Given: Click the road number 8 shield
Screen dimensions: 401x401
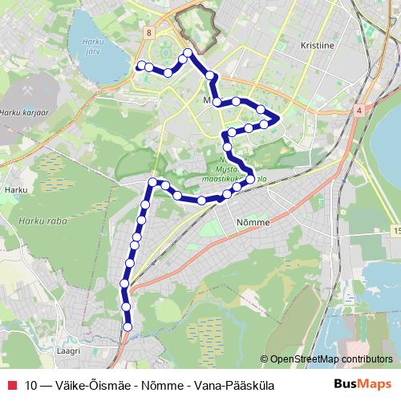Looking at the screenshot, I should tap(149, 32).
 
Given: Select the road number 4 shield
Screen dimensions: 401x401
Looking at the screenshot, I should tap(360, 109).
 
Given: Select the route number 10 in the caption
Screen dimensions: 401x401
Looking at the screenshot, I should tap(31, 386).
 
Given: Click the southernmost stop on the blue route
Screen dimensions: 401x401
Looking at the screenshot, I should tap(128, 326).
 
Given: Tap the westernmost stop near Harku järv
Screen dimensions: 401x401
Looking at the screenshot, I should tap(141, 66).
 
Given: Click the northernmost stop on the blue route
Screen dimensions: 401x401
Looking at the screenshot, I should tap(188, 53).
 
